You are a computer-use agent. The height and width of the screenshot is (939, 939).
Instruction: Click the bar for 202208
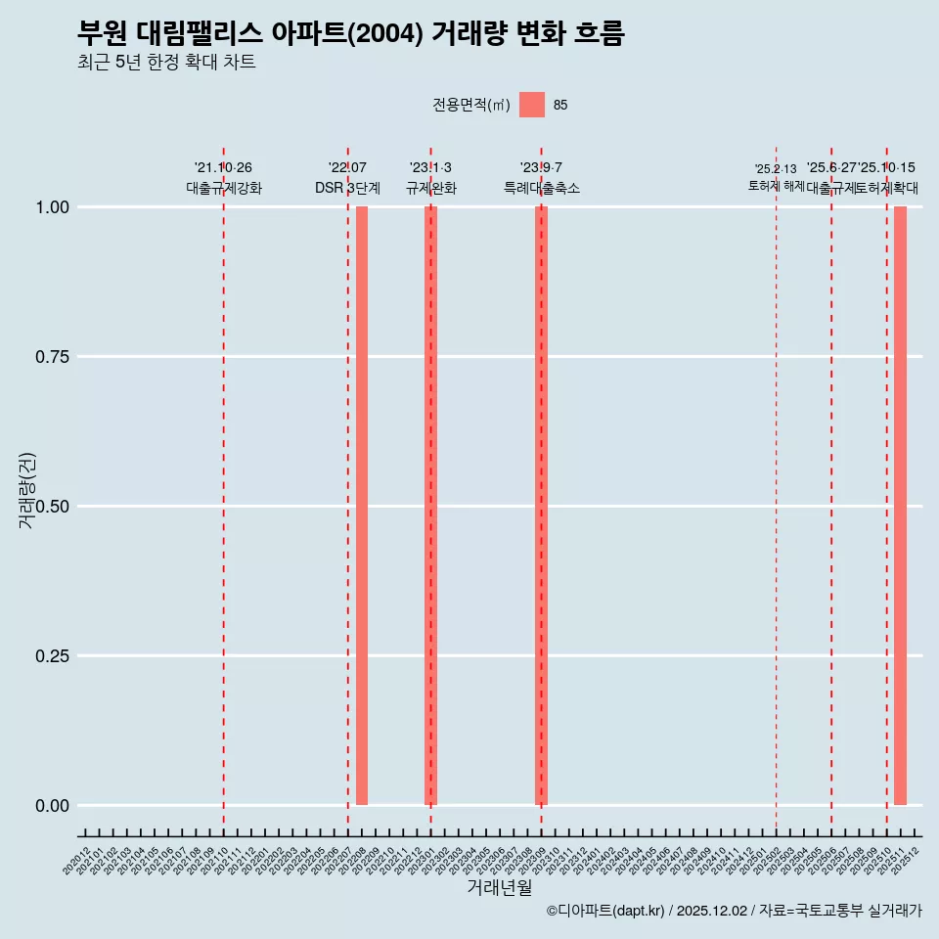(x=362, y=506)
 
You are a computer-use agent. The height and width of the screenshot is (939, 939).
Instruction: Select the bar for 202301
(x=430, y=506)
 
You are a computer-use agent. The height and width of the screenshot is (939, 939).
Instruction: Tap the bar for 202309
(x=541, y=506)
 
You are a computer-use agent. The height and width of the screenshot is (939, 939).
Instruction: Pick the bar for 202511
(x=900, y=506)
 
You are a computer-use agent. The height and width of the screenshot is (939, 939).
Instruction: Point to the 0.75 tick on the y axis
(x=52, y=357)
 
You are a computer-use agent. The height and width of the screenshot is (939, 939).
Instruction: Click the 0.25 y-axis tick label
(x=52, y=656)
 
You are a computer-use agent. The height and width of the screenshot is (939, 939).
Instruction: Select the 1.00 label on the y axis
(x=52, y=207)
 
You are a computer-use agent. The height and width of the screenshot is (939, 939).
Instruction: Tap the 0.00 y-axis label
(x=52, y=806)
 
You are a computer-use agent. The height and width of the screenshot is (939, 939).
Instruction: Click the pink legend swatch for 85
(x=532, y=105)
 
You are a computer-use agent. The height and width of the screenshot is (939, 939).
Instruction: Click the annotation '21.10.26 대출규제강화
(x=224, y=178)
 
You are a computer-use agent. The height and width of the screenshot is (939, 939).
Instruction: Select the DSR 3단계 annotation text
(x=347, y=188)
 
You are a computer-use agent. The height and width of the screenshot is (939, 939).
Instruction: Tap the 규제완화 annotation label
(x=430, y=188)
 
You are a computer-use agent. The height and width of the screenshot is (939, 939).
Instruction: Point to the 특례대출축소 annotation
(x=541, y=188)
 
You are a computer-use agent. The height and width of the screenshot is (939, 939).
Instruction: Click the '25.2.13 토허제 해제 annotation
(x=776, y=177)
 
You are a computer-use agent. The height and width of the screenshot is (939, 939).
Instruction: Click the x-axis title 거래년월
(x=499, y=887)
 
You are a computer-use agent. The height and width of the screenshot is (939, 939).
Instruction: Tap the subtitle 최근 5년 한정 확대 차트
(x=166, y=63)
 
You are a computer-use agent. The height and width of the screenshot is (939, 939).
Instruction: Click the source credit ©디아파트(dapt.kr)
(x=605, y=911)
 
